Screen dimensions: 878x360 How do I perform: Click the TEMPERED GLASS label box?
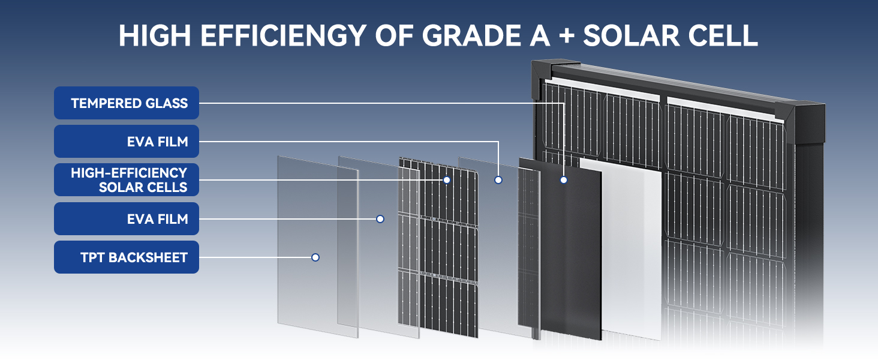(x=127, y=103)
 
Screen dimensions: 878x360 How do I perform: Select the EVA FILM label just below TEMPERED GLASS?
(x=127, y=142)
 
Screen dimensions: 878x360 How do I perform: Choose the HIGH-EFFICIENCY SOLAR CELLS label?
(x=127, y=180)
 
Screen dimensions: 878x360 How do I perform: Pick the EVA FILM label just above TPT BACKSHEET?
(x=127, y=219)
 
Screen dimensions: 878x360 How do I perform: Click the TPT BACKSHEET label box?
(x=127, y=257)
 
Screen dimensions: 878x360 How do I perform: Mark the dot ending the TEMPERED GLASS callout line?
(x=564, y=179)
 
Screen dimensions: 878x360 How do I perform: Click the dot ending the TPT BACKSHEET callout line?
(x=315, y=257)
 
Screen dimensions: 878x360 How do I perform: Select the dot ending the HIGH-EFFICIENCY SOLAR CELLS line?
(x=447, y=179)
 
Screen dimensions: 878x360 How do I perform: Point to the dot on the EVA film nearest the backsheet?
(x=380, y=219)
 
